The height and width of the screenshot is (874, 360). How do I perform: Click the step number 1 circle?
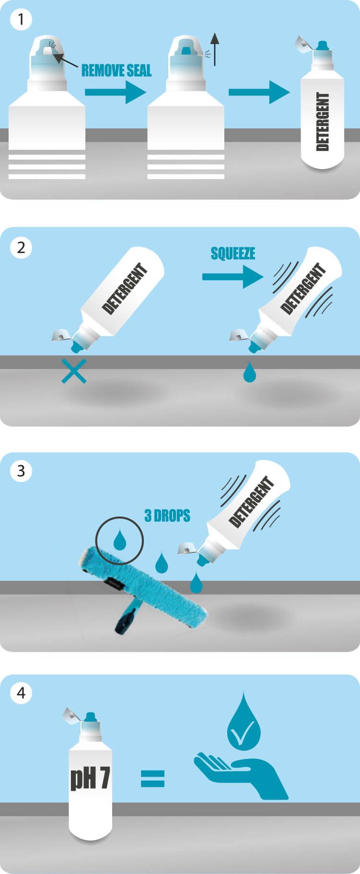(21, 20)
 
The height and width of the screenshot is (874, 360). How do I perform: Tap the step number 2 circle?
(21, 248)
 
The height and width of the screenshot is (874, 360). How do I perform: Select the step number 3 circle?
(21, 471)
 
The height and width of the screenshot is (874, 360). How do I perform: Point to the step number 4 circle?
(21, 693)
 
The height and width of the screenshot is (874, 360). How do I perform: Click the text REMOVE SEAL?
(116, 71)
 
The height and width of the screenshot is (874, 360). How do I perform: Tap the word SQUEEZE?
(232, 253)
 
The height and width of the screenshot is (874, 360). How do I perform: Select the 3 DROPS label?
(167, 516)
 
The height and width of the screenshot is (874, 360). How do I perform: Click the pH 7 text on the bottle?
(90, 778)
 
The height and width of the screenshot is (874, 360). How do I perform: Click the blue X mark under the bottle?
(74, 371)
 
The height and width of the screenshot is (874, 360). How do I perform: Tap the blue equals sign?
(152, 779)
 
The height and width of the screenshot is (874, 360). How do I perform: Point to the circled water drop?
(119, 540)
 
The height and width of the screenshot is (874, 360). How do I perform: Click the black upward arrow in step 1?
(215, 49)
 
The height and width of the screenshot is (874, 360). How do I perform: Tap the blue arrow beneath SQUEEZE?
(232, 277)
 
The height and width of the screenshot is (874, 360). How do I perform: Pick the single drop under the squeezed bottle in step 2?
(249, 373)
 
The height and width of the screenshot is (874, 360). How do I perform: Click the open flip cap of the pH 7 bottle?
(71, 715)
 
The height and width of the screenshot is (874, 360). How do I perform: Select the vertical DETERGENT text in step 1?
(323, 122)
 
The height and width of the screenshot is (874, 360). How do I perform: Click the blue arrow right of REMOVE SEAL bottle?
(115, 92)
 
